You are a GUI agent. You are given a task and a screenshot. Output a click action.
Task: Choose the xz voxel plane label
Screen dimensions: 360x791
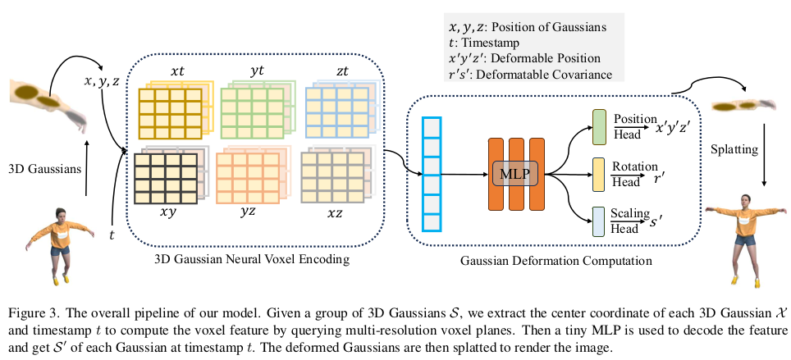coord(335,212)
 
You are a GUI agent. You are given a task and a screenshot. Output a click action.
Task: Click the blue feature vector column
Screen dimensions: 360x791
coord(432,174)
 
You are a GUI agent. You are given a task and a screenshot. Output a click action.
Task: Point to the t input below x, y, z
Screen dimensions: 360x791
coord(112,235)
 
